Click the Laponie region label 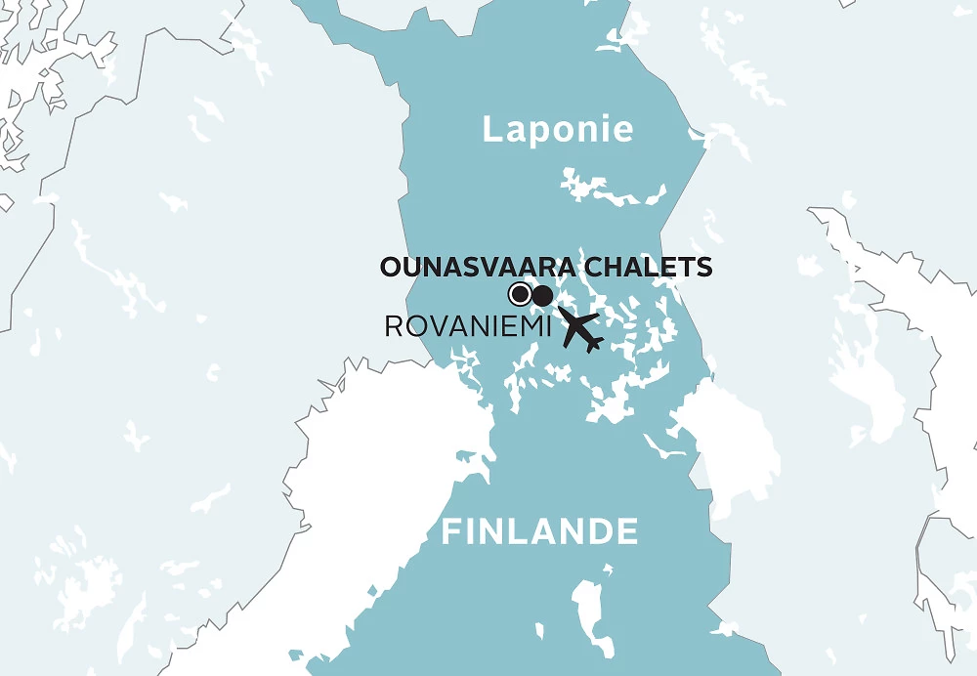558,130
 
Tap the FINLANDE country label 539,532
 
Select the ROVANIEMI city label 464,327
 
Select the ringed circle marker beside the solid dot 521,294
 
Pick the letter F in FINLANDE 450,532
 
